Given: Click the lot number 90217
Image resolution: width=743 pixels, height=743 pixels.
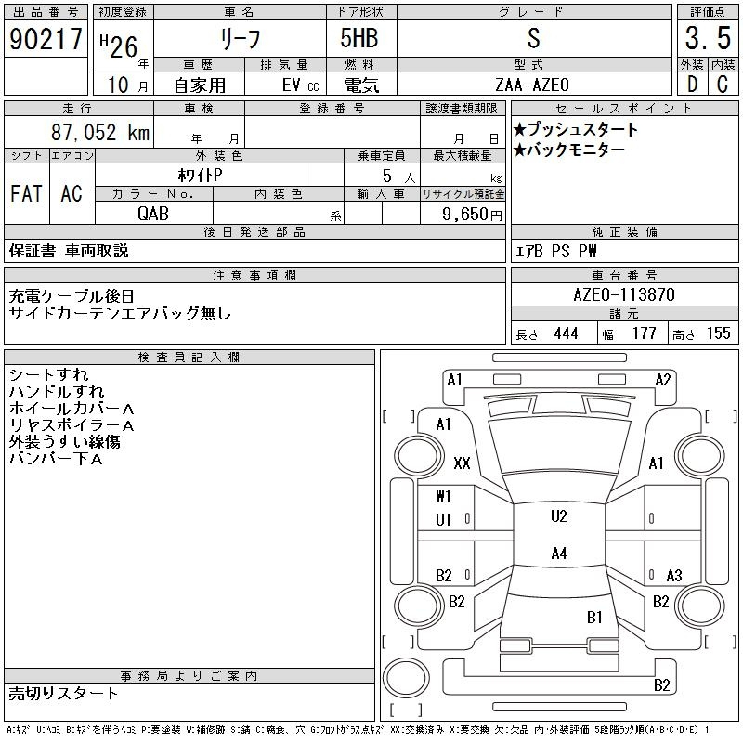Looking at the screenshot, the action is (x=46, y=39).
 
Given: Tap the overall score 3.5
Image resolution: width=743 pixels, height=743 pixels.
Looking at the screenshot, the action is (x=708, y=38).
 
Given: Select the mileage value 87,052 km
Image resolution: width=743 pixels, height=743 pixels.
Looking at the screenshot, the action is (x=100, y=132).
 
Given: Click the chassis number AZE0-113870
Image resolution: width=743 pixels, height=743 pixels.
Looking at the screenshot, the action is (x=624, y=294).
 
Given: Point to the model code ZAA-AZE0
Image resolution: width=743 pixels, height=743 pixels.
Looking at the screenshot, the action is (x=532, y=85).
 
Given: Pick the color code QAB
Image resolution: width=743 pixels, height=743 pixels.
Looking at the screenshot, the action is (x=153, y=214).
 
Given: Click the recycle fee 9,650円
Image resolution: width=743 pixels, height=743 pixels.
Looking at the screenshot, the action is (x=472, y=215).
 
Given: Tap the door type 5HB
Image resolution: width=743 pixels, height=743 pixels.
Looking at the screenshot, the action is (x=359, y=38).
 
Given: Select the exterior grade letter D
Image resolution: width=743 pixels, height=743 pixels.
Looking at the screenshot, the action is (x=692, y=85).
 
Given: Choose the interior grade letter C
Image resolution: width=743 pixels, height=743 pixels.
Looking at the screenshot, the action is (x=723, y=85).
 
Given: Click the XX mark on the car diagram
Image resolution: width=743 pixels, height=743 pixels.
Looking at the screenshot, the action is (x=462, y=463).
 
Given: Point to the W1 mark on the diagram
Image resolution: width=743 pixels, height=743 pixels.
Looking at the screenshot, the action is (x=443, y=497).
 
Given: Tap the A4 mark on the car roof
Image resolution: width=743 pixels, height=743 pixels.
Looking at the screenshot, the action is (x=559, y=553).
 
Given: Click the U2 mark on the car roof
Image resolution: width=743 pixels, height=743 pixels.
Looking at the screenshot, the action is (x=559, y=516).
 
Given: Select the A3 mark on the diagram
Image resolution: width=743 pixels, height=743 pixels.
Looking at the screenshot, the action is (x=674, y=576).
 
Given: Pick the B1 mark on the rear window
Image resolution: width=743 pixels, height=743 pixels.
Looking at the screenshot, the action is (x=594, y=618).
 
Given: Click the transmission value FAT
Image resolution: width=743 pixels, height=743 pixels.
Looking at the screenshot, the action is (x=27, y=193).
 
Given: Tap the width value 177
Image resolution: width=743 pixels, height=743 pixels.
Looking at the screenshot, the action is (x=644, y=333).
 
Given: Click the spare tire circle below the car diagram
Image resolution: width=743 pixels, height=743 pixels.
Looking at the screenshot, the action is (x=406, y=678).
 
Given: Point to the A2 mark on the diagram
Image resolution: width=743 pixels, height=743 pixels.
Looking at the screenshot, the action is (x=663, y=380).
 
